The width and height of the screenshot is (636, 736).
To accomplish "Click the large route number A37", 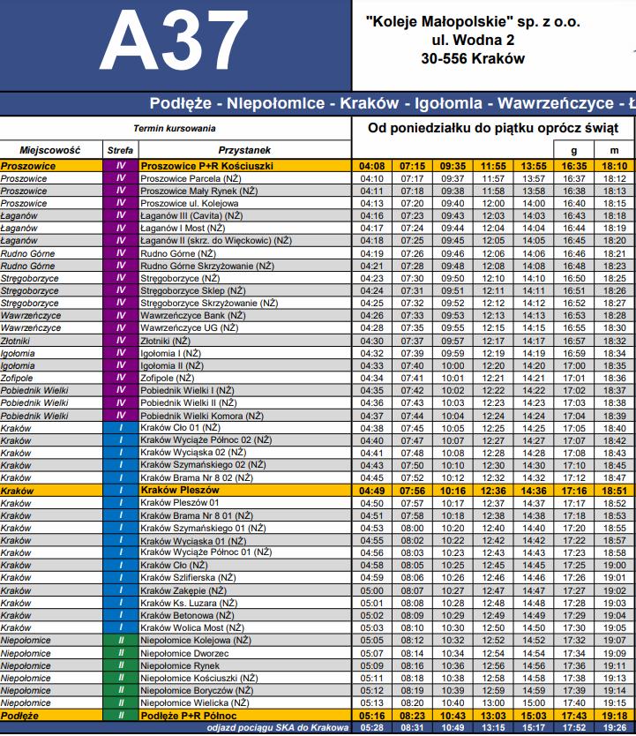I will pyautogui.click(x=176, y=42).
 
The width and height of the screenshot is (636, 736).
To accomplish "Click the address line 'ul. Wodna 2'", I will pyautogui.click(x=472, y=41).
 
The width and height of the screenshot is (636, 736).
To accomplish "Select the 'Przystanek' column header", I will pyautogui.click(x=245, y=150).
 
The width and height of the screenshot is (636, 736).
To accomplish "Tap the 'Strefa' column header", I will pyautogui.click(x=121, y=150).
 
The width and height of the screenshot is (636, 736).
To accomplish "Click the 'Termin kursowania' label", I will pyautogui.click(x=174, y=128).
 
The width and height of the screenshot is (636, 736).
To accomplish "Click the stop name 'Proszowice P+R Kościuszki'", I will pyautogui.click(x=206, y=165).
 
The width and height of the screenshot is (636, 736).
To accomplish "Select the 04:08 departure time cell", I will pyautogui.click(x=372, y=165).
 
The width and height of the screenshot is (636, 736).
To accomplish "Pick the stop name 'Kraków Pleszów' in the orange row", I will pyautogui.click(x=180, y=490).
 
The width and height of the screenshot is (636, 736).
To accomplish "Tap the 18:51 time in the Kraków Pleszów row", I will pyautogui.click(x=615, y=490).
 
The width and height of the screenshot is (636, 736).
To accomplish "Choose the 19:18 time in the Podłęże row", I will pyautogui.click(x=615, y=715).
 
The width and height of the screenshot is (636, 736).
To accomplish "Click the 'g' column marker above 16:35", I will pyautogui.click(x=574, y=150).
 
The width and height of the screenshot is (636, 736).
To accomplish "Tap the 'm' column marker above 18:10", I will pyautogui.click(x=615, y=150).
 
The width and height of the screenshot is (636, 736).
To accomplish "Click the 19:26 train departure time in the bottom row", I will pyautogui.click(x=615, y=727).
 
